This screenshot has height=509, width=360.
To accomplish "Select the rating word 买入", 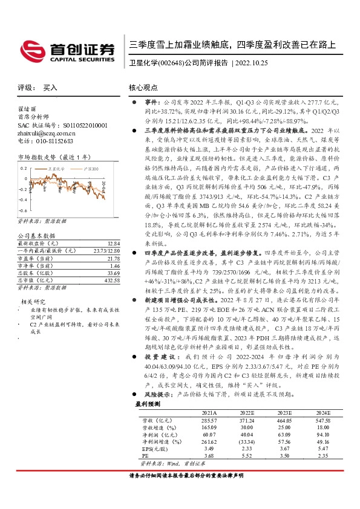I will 50,87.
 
